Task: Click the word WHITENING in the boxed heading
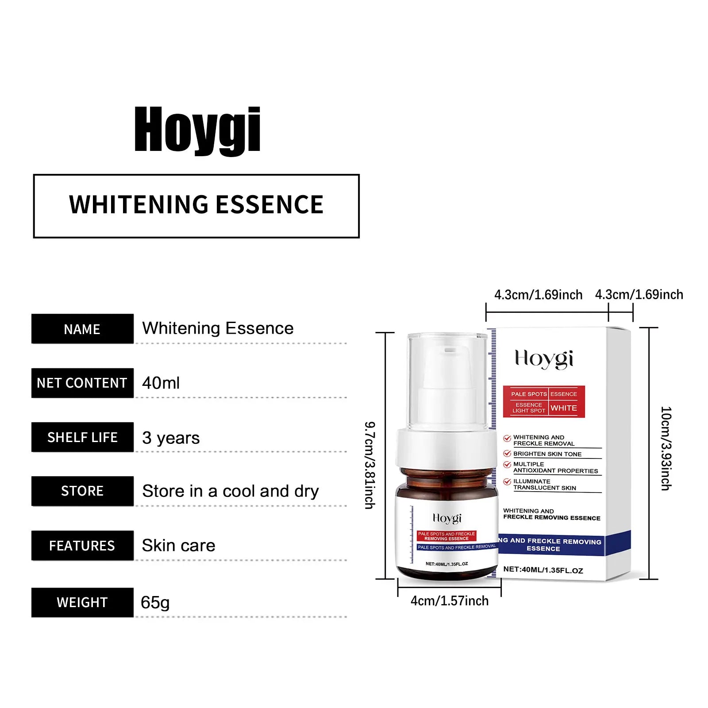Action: (138, 205)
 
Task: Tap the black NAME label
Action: (82, 329)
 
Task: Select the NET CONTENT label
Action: (82, 383)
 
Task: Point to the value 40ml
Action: (161, 383)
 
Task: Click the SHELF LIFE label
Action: (82, 438)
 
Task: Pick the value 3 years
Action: (171, 438)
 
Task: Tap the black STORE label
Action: (82, 491)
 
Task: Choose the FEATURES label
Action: (82, 546)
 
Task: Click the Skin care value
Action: (178, 546)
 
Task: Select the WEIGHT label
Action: (82, 603)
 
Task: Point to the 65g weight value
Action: (155, 603)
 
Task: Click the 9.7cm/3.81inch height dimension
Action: (369, 465)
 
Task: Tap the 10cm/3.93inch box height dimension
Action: (666, 448)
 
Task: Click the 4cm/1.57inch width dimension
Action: (450, 601)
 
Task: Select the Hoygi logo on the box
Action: (544, 359)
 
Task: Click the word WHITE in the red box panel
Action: (564, 408)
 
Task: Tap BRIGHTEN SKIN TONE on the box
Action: (547, 454)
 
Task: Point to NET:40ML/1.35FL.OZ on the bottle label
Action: (446, 564)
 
